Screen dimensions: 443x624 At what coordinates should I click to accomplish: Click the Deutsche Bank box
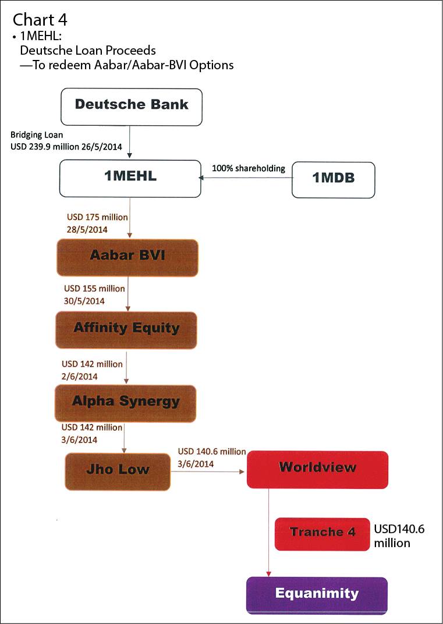(132, 107)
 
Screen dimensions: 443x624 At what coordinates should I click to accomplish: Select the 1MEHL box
(130, 179)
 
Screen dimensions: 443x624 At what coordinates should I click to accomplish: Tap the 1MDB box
(333, 180)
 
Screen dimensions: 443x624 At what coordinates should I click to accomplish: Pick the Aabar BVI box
(127, 257)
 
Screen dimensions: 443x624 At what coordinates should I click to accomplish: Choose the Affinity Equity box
(126, 330)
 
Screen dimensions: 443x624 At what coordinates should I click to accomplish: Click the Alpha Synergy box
(125, 403)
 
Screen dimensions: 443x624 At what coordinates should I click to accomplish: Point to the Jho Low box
(118, 471)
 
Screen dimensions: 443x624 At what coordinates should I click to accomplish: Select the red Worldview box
(317, 470)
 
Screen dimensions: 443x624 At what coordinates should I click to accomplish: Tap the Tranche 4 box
(322, 534)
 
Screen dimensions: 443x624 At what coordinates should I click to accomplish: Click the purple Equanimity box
(317, 595)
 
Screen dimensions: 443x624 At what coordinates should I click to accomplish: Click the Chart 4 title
(40, 20)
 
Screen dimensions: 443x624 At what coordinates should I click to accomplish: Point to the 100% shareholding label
(249, 168)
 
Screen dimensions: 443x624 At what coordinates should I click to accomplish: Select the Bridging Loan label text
(37, 135)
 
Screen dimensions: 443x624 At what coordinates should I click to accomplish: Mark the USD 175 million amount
(98, 217)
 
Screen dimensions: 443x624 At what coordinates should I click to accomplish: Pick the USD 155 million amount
(94, 289)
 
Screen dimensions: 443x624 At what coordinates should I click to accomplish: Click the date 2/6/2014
(80, 377)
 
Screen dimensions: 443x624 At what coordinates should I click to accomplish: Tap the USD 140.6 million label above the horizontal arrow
(212, 451)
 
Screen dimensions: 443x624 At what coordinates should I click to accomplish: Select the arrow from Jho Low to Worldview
(207, 471)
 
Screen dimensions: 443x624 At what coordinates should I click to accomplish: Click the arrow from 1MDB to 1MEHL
(245, 178)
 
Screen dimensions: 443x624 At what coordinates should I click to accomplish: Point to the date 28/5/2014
(87, 229)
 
